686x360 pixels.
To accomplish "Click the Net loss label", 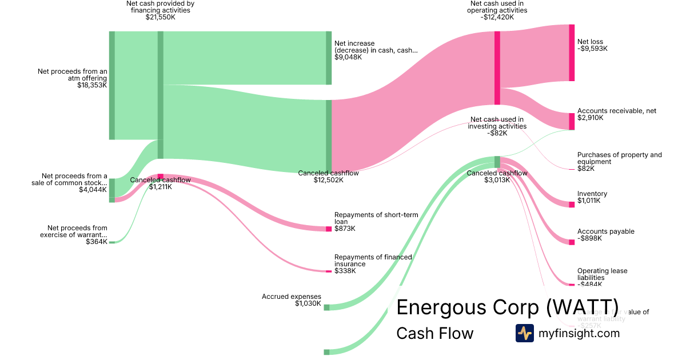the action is point(590,42).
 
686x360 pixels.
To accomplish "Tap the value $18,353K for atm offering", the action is point(92,85).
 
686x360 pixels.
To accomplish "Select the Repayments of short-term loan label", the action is point(376,218).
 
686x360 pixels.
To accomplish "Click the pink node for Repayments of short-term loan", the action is point(329,229).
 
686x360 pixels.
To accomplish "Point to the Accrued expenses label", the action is point(292,297).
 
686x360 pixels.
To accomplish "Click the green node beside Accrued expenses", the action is point(326,307).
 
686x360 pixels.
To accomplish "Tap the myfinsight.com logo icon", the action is point(524,333).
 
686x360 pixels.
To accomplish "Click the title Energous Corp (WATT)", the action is point(507,307).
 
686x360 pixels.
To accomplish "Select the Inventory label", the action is point(592,194).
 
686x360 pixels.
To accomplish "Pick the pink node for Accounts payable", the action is point(572,242).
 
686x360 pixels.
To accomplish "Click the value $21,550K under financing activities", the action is point(160,17).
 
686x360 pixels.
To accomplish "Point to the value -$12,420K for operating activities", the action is point(497,17).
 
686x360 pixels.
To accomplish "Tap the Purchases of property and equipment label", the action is point(619,158).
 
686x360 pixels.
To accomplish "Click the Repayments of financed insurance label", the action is point(373,261).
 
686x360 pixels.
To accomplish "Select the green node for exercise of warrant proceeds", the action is point(112,242).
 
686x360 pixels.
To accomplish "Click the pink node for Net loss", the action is point(572,53).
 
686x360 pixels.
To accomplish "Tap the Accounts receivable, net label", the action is point(617,111).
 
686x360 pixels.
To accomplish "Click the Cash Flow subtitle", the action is point(434,333).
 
